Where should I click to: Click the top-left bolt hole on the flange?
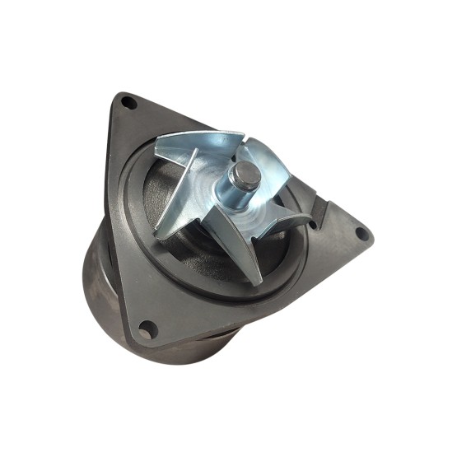click(x=128, y=102)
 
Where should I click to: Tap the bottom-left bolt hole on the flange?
click(x=146, y=331)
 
